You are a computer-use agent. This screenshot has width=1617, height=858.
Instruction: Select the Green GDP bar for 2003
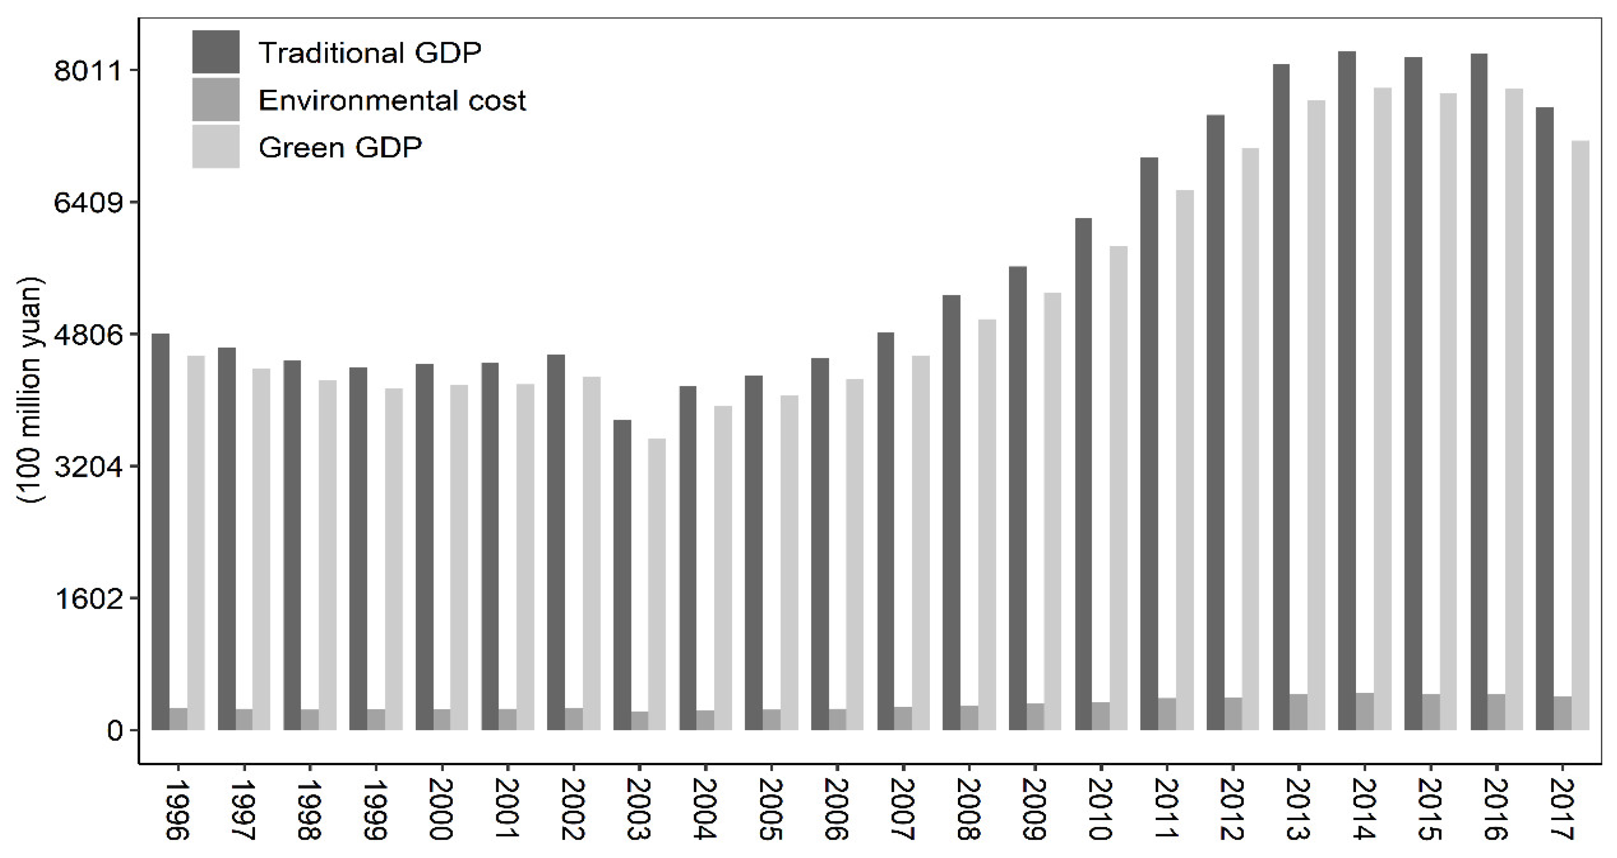pos(657,584)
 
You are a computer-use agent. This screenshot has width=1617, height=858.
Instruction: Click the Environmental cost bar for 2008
pos(969,717)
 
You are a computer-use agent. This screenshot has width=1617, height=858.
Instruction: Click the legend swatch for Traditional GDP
pos(215,52)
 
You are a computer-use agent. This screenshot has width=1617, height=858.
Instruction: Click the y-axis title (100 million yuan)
pos(29,389)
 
